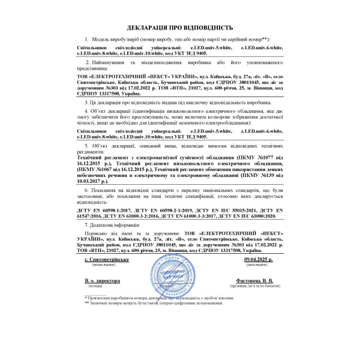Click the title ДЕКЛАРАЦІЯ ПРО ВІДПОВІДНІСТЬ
(x=179, y=28)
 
